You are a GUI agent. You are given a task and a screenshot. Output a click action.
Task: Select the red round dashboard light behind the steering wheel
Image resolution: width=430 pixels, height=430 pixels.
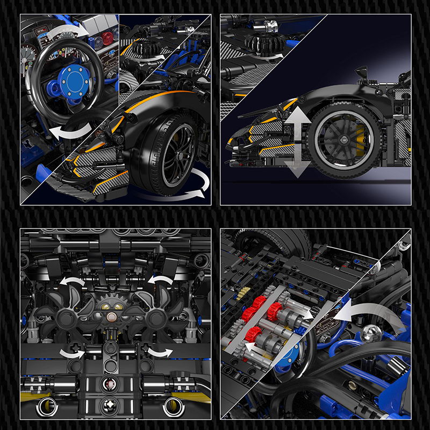click(108, 38)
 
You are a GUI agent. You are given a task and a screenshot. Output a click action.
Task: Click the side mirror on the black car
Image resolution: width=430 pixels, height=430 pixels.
click(362, 71)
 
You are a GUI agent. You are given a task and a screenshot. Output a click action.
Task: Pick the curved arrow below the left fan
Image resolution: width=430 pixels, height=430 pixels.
click(71, 353)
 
